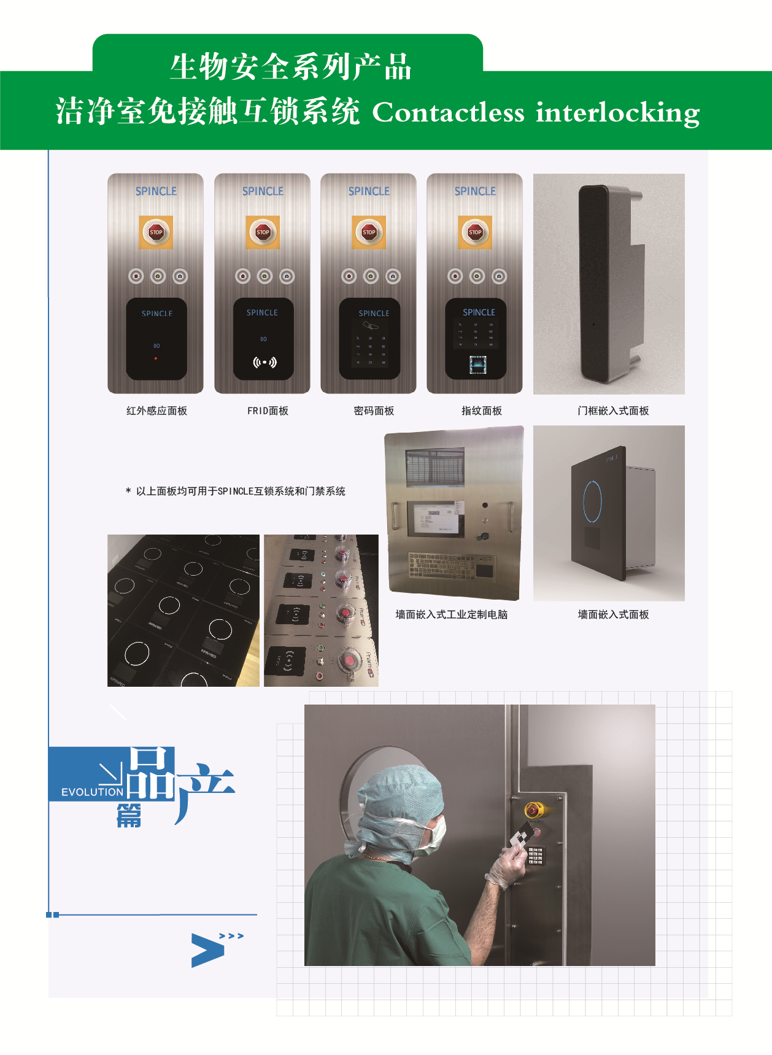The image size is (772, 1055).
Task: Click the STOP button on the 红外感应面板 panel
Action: [156, 232]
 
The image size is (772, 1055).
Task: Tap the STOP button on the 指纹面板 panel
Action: [475, 232]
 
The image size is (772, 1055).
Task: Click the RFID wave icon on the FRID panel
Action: [264, 362]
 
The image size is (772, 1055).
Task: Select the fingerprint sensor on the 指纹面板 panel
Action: [478, 364]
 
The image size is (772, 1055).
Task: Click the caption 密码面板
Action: [374, 411]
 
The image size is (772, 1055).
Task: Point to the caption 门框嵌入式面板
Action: [613, 411]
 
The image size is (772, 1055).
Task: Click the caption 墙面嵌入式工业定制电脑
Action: [452, 614]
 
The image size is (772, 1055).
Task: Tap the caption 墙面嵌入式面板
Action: [613, 614]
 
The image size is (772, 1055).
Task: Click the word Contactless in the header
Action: [449, 112]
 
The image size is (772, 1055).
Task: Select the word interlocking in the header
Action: [617, 112]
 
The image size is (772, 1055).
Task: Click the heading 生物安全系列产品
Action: [290, 67]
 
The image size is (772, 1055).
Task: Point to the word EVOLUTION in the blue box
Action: [92, 792]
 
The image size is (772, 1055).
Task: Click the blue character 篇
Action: [129, 816]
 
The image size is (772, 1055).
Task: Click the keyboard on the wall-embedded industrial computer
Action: [442, 565]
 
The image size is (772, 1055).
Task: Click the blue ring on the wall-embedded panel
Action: [592, 501]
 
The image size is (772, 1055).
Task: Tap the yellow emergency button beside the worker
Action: [533, 810]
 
